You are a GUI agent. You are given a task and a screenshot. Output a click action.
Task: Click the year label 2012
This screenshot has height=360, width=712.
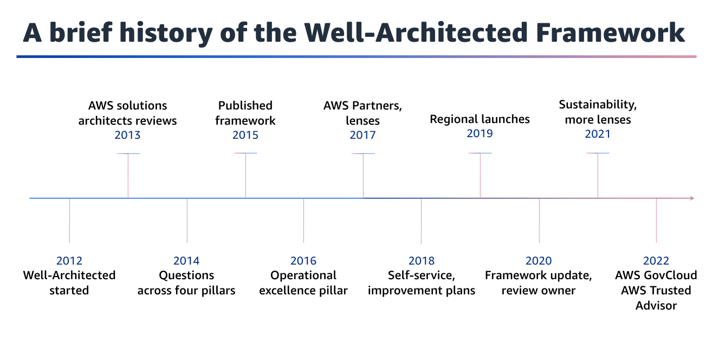(69, 261)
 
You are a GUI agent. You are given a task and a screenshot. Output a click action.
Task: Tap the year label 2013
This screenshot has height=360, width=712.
(127, 135)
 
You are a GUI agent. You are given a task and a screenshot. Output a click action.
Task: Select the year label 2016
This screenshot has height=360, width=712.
(303, 261)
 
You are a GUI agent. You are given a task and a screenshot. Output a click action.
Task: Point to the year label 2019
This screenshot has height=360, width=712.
(480, 133)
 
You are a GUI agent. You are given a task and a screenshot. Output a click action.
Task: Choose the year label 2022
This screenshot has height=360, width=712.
(656, 261)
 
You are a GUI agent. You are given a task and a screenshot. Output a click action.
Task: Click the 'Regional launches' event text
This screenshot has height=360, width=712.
(480, 119)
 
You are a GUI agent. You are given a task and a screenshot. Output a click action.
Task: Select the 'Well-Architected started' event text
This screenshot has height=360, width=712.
(69, 282)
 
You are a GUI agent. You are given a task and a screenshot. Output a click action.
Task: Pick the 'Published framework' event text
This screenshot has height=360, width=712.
(245, 113)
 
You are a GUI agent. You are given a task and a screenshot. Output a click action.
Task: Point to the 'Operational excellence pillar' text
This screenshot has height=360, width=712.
(303, 282)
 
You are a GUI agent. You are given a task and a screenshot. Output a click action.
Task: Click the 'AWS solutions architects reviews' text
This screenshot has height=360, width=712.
(127, 113)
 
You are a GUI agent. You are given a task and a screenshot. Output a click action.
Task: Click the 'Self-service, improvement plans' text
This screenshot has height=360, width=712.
(421, 282)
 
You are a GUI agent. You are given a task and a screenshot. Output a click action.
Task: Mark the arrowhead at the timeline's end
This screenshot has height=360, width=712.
(691, 198)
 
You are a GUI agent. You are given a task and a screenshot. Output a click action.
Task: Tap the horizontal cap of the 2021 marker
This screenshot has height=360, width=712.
(598, 153)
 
